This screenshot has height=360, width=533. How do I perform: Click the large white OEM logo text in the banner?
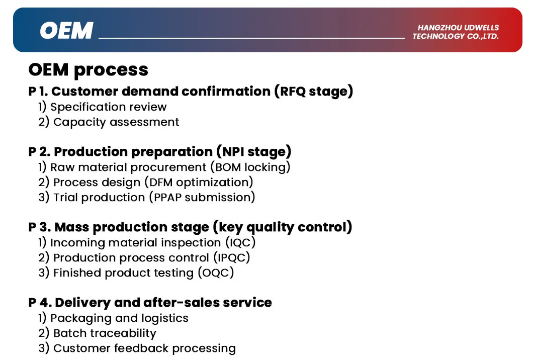click(66, 31)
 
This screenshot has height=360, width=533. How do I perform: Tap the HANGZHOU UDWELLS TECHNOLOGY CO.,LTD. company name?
click(456, 32)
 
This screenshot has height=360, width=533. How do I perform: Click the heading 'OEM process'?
click(88, 69)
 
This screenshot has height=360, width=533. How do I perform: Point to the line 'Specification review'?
click(108, 107)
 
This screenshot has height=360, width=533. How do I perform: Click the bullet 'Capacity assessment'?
click(116, 122)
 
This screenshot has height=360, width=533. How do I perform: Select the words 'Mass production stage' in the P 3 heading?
click(131, 227)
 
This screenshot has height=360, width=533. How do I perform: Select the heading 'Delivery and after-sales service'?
click(163, 303)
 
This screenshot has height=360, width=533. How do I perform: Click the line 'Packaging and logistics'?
click(119, 318)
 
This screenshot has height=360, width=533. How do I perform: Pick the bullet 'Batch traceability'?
click(105, 333)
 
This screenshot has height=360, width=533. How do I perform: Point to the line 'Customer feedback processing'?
click(144, 348)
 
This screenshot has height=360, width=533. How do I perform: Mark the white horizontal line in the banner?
click(251, 38)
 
